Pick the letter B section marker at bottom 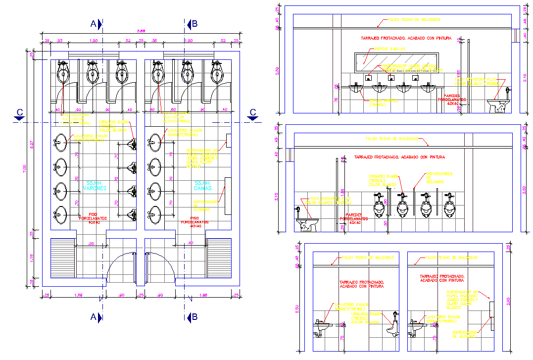pyautogui.click(x=194, y=316)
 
